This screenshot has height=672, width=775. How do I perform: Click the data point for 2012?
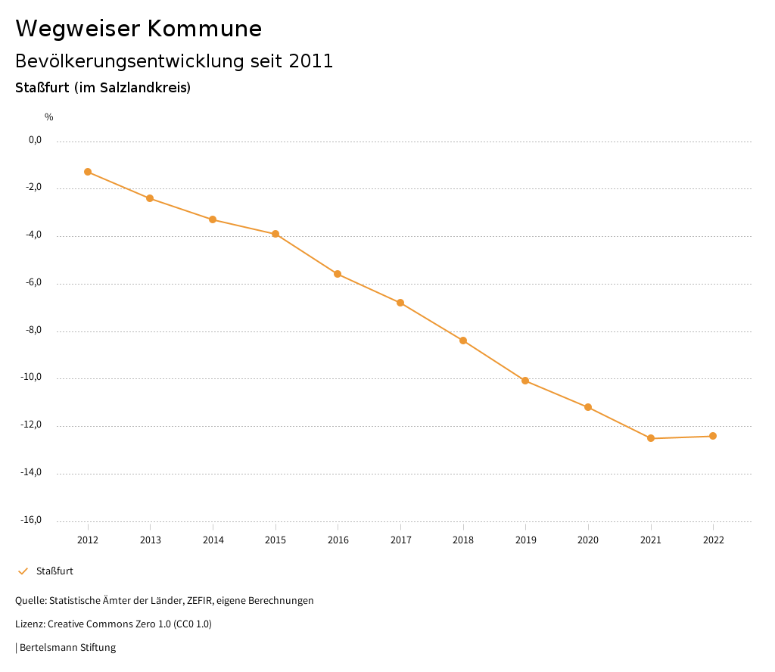click(x=88, y=172)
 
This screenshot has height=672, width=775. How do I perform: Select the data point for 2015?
click(x=275, y=234)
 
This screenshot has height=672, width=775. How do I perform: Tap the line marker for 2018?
click(x=463, y=341)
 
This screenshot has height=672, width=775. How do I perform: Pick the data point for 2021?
click(x=651, y=438)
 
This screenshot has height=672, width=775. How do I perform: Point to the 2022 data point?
click(x=713, y=436)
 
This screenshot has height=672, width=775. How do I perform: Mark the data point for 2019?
click(x=525, y=381)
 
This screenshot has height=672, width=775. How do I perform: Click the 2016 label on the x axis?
click(x=338, y=540)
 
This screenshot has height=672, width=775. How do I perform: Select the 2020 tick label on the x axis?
click(x=588, y=540)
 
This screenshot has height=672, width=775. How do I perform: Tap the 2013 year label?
click(x=151, y=540)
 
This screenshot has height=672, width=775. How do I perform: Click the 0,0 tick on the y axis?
click(x=35, y=140)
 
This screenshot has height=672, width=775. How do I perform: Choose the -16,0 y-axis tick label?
click(x=31, y=520)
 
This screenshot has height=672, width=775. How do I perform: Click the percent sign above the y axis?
click(x=49, y=117)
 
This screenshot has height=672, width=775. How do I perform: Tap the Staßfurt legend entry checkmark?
click(x=23, y=571)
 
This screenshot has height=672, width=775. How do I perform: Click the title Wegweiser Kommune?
click(x=139, y=29)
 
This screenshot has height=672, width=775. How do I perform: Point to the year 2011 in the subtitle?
click(x=311, y=61)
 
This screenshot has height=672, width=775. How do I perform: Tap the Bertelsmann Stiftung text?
click(x=67, y=648)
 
